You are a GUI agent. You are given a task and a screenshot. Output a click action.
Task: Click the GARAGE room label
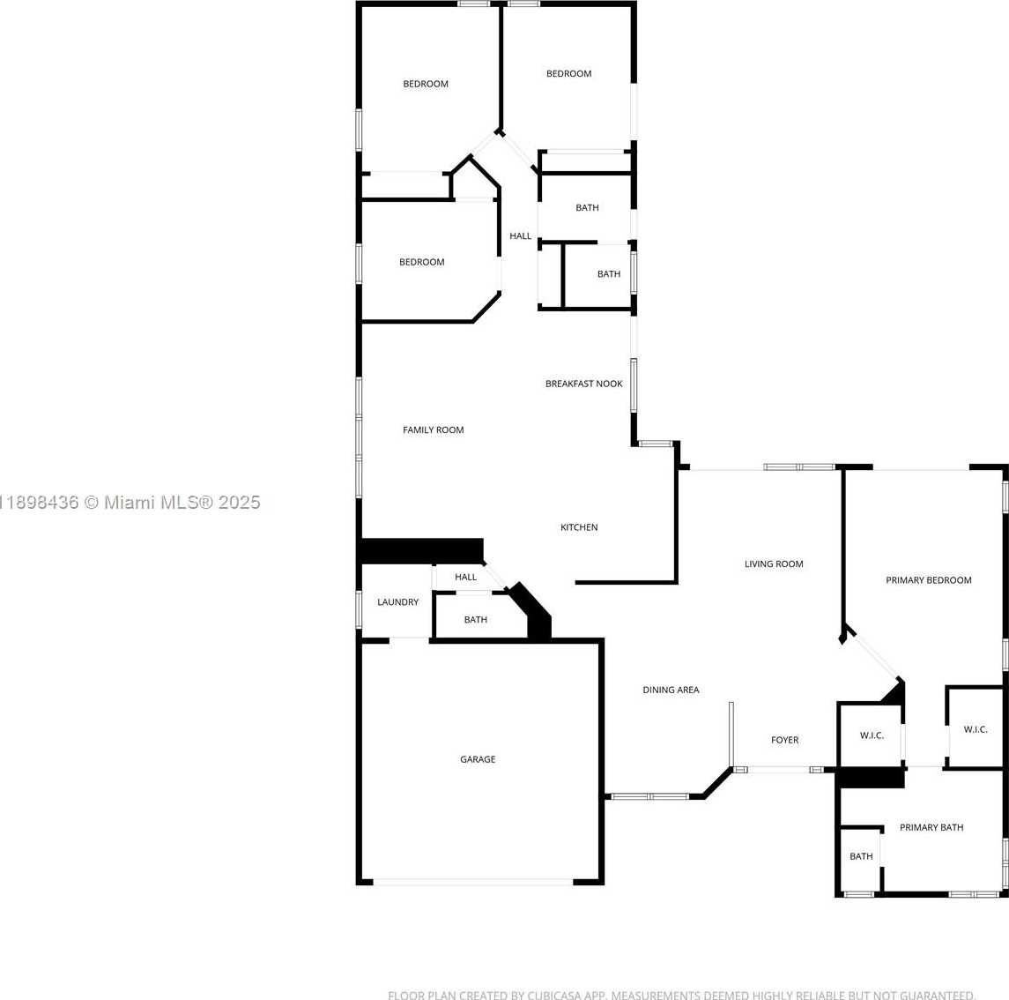pyautogui.click(x=478, y=759)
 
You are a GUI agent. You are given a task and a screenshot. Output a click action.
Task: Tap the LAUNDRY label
pyautogui.click(x=397, y=602)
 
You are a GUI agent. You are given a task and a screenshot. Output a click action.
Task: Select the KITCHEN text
pyautogui.click(x=579, y=527)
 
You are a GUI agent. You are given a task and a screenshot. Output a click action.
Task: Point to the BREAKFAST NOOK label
pyautogui.click(x=583, y=384)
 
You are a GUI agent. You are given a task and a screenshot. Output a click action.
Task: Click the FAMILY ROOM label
pyautogui.click(x=433, y=430)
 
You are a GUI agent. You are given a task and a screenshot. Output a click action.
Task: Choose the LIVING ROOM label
pyautogui.click(x=774, y=564)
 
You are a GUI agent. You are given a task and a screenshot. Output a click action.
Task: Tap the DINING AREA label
pyautogui.click(x=671, y=690)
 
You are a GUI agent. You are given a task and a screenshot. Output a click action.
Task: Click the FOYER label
pyautogui.click(x=784, y=741)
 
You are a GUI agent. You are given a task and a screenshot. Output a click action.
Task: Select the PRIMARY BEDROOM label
pyautogui.click(x=929, y=580)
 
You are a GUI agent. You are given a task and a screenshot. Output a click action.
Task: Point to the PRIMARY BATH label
pyautogui.click(x=931, y=827)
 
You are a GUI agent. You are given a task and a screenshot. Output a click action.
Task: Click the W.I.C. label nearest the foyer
pyautogui.click(x=872, y=735)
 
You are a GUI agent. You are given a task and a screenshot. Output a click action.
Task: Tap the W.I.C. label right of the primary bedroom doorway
pyautogui.click(x=976, y=729)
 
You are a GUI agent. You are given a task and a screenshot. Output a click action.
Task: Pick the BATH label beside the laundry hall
pyautogui.click(x=476, y=619)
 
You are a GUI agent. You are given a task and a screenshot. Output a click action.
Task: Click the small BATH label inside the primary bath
pyautogui.click(x=861, y=856)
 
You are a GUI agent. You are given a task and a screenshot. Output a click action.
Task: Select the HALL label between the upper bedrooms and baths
pyautogui.click(x=521, y=236)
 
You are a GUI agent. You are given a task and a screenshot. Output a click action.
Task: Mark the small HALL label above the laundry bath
pyautogui.click(x=466, y=577)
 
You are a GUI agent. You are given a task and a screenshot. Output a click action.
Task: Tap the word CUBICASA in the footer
pyautogui.click(x=554, y=996)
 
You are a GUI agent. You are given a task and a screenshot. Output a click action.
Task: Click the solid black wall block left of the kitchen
pyautogui.click(x=422, y=550)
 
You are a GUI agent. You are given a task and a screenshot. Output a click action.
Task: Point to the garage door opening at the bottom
pyautogui.click(x=473, y=882)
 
